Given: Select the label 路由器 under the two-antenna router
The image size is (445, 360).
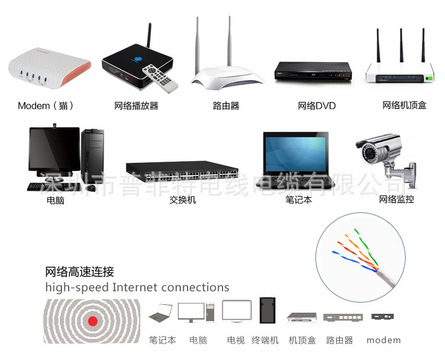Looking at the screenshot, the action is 226,105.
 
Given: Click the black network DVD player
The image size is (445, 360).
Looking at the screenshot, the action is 313,71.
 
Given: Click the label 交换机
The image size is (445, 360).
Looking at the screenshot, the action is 183,199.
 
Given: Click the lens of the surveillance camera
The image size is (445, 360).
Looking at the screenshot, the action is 368,152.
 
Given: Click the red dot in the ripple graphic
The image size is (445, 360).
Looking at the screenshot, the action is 93,321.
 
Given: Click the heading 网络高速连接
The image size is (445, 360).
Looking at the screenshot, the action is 79,272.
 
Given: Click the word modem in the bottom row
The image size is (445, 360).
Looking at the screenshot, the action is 384,340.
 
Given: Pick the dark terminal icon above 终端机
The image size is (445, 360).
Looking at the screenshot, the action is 268,310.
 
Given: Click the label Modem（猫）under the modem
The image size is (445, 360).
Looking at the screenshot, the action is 46,105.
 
